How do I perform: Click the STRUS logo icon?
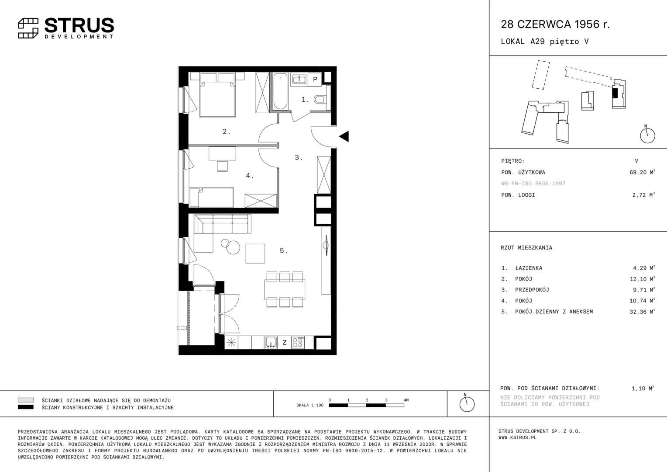pyautogui.click(x=28, y=28)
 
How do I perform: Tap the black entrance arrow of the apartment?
pyautogui.click(x=344, y=136)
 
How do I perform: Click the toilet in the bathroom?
pyautogui.click(x=320, y=99)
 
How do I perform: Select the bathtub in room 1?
pyautogui.click(x=280, y=91)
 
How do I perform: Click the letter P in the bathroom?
pyautogui.click(x=315, y=79)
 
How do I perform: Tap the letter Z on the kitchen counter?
pyautogui.click(x=285, y=343)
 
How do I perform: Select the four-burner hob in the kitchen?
pyautogui.click(x=298, y=343)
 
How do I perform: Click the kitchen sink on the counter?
pyautogui.click(x=271, y=343)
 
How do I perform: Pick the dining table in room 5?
pyautogui.click(x=285, y=289)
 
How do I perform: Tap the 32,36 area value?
pyautogui.click(x=638, y=312)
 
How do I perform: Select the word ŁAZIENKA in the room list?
pyautogui.click(x=529, y=268)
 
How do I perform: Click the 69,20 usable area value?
pyautogui.click(x=638, y=172)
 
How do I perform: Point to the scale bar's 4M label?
pyautogui.click(x=406, y=400)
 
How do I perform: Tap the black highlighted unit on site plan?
pyautogui.click(x=615, y=93)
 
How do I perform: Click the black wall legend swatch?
pyautogui.click(x=26, y=407)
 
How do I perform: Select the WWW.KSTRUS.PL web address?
pyautogui.click(x=518, y=438)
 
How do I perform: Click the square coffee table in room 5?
pyautogui.click(x=255, y=253)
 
